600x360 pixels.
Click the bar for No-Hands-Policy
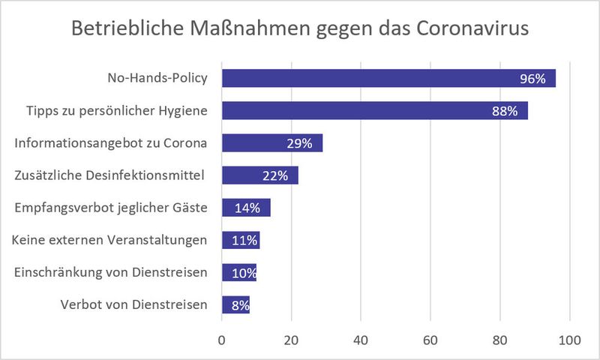pos(375,78)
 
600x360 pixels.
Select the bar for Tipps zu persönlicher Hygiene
pos(360,111)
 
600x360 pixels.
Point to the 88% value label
pos(505,111)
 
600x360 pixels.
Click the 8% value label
pos(238,305)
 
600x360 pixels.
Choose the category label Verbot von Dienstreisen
pos(132,304)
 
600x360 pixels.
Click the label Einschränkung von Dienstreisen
pos(111,272)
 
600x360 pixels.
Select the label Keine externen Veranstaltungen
pos(109,240)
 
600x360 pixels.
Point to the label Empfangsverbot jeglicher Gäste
pos(111,208)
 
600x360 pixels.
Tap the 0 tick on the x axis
pos(222,340)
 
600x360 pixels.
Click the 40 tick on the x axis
pos(361,340)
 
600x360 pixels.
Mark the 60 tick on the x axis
pos(430,340)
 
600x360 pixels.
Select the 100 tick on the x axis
pos(569,340)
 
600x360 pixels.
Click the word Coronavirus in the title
pos(466,29)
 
